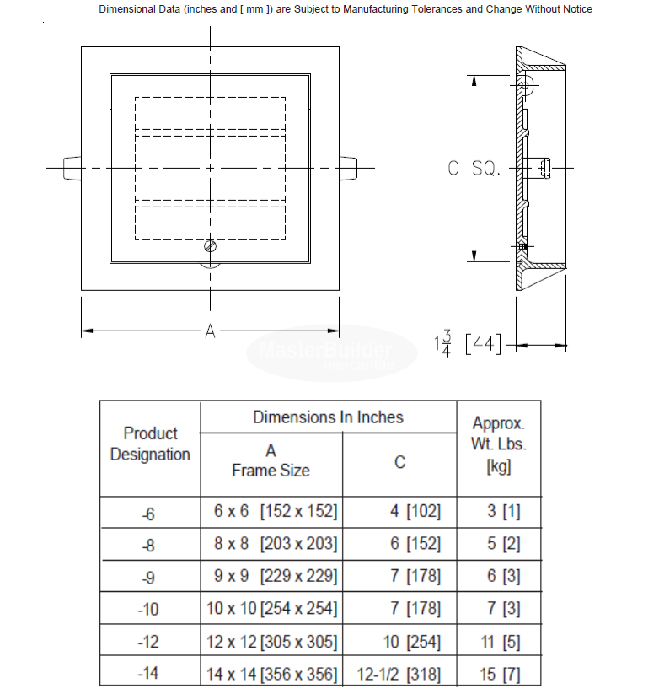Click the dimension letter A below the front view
click(211, 331)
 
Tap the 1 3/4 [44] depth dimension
click(468, 344)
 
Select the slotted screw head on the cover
click(211, 246)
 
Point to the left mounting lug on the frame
click(72, 169)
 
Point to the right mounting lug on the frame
click(348, 169)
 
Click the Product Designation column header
click(150, 444)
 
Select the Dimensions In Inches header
click(328, 417)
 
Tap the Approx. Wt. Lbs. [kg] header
click(499, 444)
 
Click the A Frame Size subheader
click(271, 460)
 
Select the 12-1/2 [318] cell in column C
click(399, 674)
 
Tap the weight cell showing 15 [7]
click(500, 674)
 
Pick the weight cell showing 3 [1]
click(500, 512)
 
